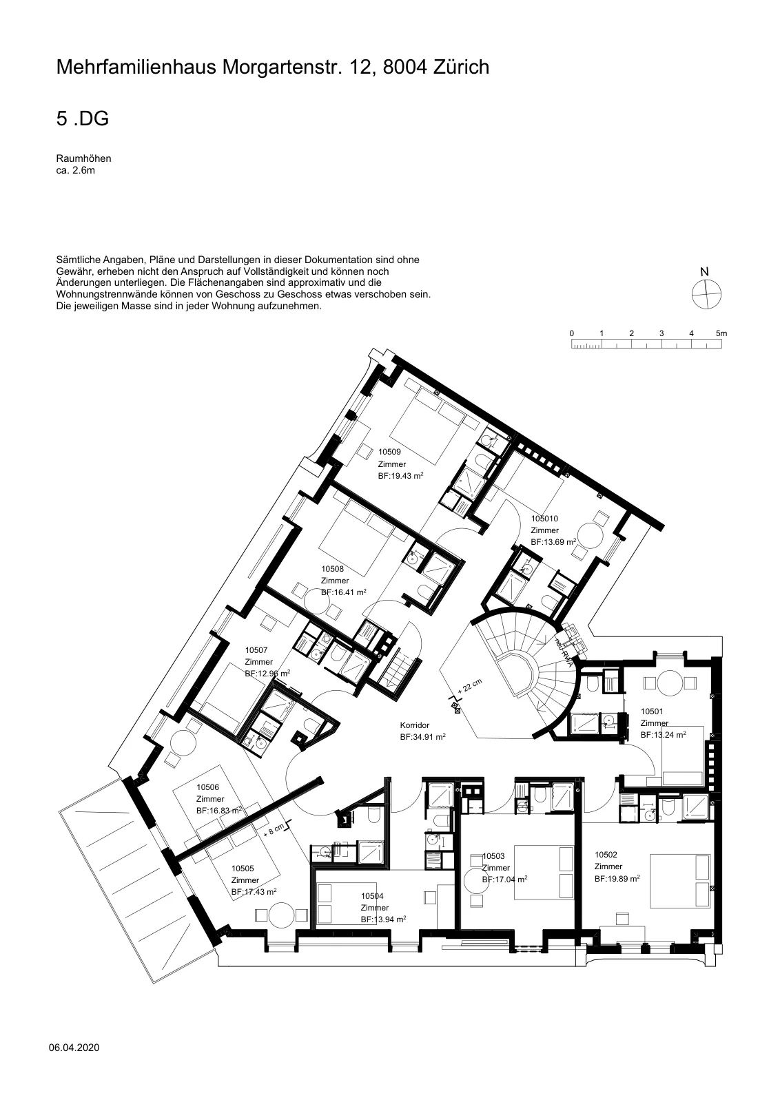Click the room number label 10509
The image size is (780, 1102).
tap(389, 452)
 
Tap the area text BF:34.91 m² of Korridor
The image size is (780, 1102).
tap(422, 737)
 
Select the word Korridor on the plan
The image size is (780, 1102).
tap(414, 725)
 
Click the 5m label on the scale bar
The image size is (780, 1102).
tap(721, 333)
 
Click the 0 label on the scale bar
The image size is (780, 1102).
tap(571, 333)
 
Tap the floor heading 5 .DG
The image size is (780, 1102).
tap(83, 118)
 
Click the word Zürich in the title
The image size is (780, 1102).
tap(461, 67)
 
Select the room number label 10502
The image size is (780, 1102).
tap(606, 855)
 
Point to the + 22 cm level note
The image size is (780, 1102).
tap(469, 686)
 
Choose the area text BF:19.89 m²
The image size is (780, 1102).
tap(617, 879)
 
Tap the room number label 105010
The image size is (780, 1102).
tap(544, 519)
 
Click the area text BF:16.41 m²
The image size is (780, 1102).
tap(344, 592)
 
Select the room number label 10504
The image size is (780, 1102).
tap(372, 896)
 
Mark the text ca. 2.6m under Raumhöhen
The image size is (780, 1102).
tap(75, 171)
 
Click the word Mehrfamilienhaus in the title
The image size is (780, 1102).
tap(136, 67)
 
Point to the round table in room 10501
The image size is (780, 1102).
tap(670, 683)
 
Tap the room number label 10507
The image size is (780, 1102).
tap(256, 650)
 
